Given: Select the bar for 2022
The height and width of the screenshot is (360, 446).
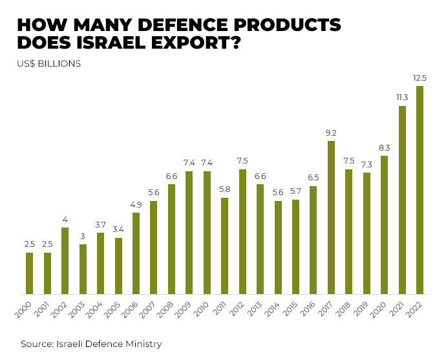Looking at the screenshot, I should (x=419, y=190).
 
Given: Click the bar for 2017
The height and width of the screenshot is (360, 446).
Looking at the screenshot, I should (x=331, y=217).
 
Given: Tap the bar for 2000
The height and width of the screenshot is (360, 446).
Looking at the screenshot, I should (x=30, y=273).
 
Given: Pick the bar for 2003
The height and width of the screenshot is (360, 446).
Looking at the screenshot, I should (x=83, y=269).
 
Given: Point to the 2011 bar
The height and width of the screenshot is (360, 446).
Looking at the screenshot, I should (x=224, y=246).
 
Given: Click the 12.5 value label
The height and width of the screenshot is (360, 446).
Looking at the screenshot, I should (x=419, y=78).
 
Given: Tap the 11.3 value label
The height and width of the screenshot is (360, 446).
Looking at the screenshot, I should (x=402, y=98).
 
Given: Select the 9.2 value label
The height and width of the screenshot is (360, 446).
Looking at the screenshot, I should (x=331, y=133).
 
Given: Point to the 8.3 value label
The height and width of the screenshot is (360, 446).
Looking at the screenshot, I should (x=384, y=148).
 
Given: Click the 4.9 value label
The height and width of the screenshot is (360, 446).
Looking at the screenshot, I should (x=136, y=205).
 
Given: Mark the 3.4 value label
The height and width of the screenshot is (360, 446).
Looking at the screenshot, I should (x=118, y=230).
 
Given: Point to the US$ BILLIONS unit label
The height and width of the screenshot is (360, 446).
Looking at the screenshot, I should (x=48, y=64).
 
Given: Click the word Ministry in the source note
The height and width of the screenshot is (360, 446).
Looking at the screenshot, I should (x=143, y=344).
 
